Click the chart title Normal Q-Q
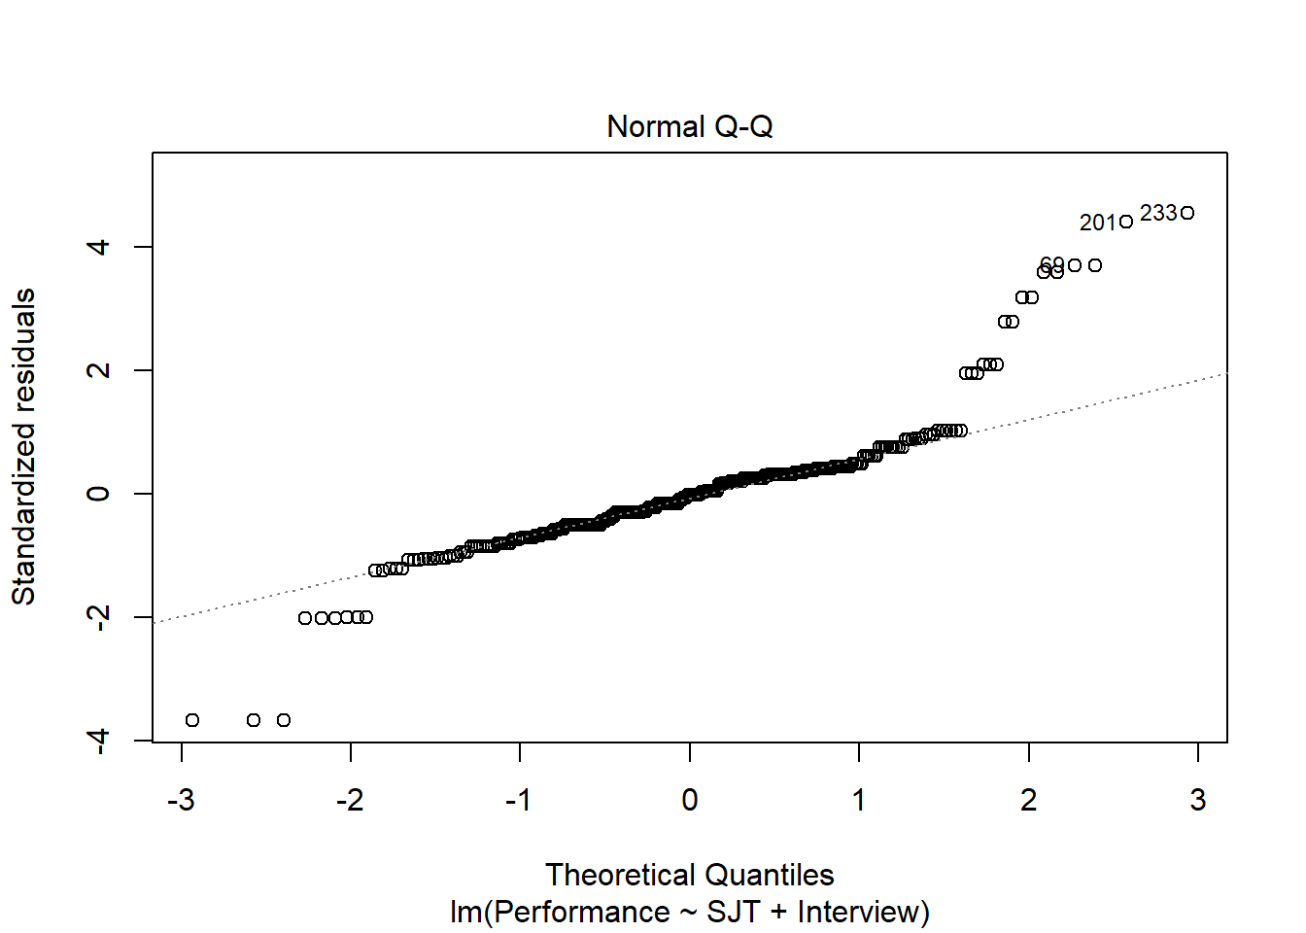[689, 127]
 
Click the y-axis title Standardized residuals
[23, 447]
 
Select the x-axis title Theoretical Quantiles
[689, 875]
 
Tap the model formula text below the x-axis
[689, 913]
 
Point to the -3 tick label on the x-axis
[181, 800]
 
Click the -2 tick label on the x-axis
[350, 800]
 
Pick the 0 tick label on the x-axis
[689, 800]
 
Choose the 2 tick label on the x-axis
[1028, 800]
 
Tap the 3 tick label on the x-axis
[1197, 800]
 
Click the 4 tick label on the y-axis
[97, 247]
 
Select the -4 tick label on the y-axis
[97, 741]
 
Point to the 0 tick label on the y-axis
[97, 494]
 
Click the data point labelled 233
[1187, 213]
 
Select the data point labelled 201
[1126, 222]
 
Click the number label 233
[1157, 213]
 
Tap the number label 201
[1098, 223]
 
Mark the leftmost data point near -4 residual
[192, 720]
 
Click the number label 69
[1051, 264]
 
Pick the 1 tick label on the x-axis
[858, 800]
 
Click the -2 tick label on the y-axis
[97, 617]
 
